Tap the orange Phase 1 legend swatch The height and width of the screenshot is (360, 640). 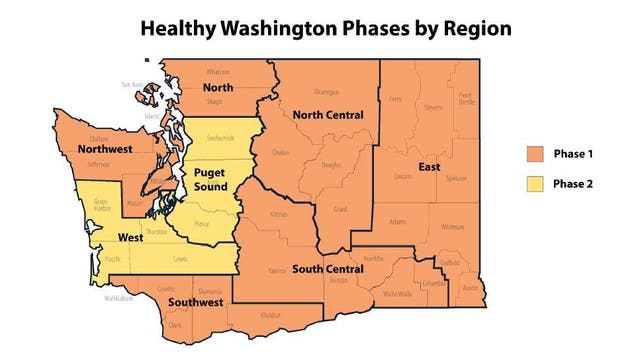click(x=535, y=154)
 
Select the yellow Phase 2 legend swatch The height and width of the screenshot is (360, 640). click(x=535, y=184)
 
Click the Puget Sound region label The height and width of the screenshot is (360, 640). click(x=211, y=179)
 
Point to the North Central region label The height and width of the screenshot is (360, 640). click(x=326, y=116)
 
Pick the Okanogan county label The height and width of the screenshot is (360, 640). click(x=327, y=92)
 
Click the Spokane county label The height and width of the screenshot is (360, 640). click(x=457, y=177)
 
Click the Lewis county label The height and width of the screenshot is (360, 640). click(x=180, y=258)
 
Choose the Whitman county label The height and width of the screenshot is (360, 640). click(x=452, y=226)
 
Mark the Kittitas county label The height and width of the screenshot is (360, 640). click(x=280, y=214)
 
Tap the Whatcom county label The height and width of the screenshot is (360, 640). click(x=218, y=72)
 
